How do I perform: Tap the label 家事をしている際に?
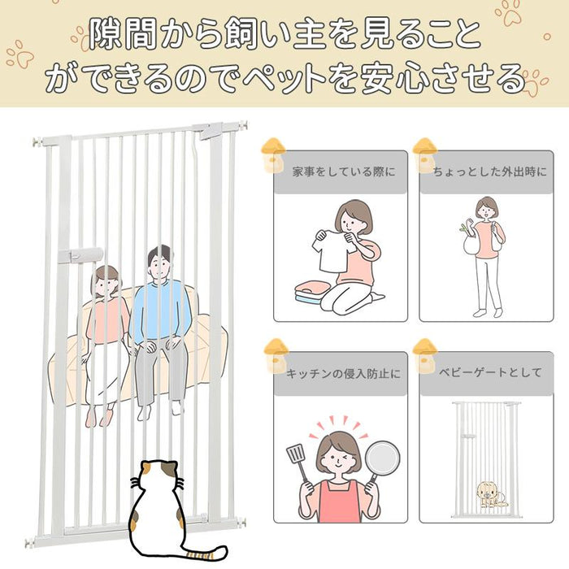tap(343, 172)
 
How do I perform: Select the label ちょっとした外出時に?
tap(490, 172)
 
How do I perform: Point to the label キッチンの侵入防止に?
tap(343, 373)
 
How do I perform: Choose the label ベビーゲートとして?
tap(490, 372)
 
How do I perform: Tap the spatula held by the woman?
tap(299, 462)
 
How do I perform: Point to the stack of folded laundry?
tap(311, 291)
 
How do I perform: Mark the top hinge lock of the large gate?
tap(211, 131)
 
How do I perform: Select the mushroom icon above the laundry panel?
tap(273, 155)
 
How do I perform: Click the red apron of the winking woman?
tap(339, 502)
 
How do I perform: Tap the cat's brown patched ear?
tap(147, 467)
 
